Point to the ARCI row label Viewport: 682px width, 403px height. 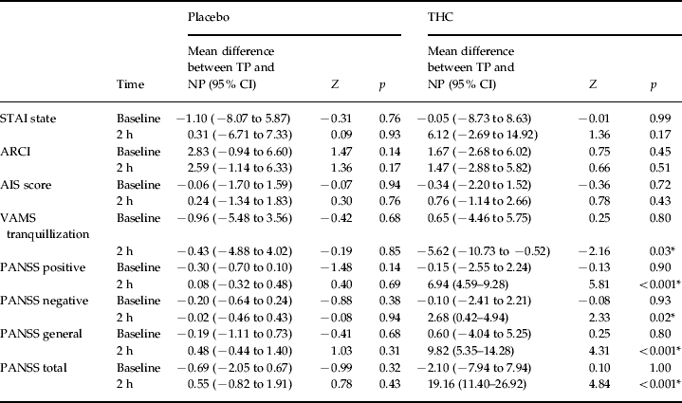click(20, 151)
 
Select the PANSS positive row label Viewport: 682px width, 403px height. click(44, 267)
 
